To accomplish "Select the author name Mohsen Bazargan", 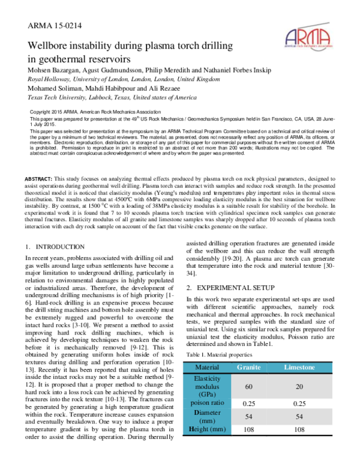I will tap(57, 70).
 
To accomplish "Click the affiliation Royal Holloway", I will tap(49, 79).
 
